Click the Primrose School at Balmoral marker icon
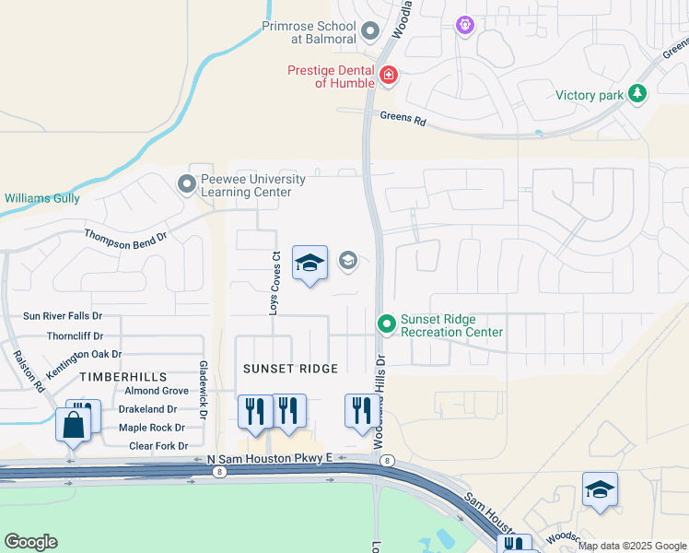370,32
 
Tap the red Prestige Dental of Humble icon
389,75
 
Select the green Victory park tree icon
636,93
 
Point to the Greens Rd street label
403,119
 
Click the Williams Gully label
42,198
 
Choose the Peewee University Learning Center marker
187,184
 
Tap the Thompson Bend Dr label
125,236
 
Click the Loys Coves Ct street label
274,283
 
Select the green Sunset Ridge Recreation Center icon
387,324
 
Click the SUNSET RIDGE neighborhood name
290,369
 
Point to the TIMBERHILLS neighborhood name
123,377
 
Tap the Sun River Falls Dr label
63,316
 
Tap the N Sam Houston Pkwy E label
263,458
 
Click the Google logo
30,542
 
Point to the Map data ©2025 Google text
631,546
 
